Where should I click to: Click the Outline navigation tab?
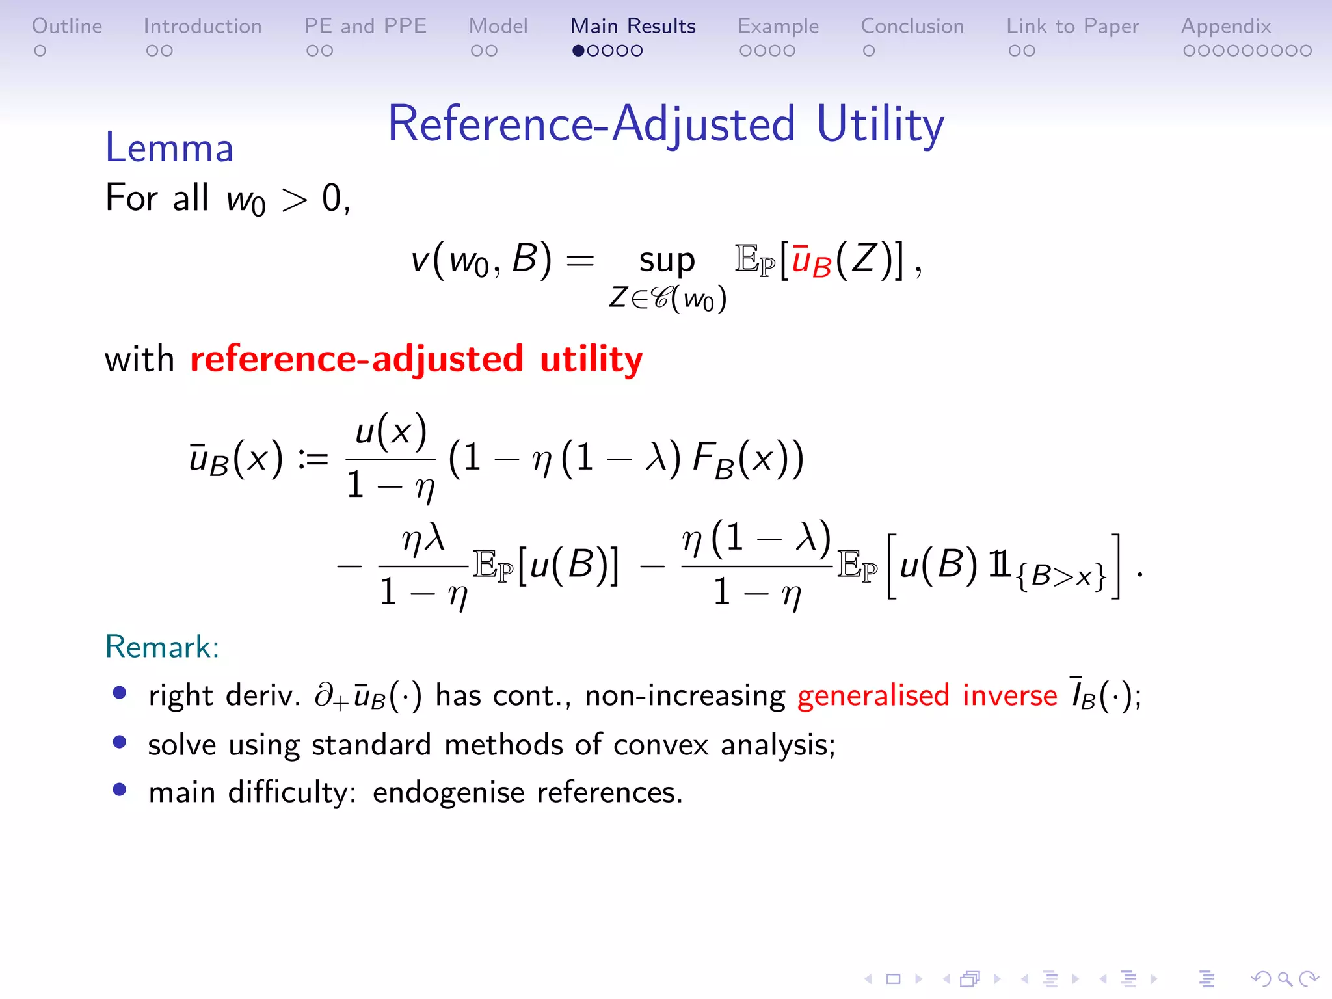point(67,26)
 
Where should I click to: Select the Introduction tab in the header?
point(202,26)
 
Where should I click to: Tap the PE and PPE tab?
point(365,26)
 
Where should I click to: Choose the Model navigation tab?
point(498,26)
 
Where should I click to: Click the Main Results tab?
point(633,26)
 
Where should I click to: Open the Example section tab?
point(778,26)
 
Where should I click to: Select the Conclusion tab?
point(912,26)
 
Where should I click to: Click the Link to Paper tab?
point(1072,26)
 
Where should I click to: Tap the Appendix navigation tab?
point(1226,26)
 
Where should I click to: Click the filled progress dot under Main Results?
point(578,51)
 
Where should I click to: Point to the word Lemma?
point(169,148)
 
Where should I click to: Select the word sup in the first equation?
point(667,260)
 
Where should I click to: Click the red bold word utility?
point(591,360)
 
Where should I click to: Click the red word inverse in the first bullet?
point(1010,695)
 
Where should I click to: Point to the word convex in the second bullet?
point(661,745)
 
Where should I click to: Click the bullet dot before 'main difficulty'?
point(119,790)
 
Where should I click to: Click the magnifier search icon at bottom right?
point(1285,979)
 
